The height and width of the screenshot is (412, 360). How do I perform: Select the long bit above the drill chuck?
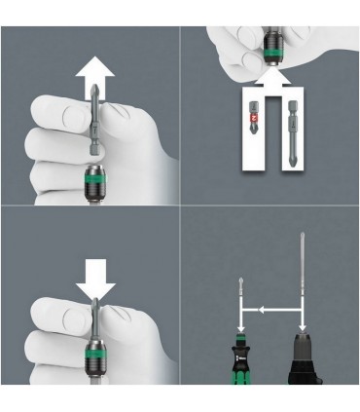coord(304,292)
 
